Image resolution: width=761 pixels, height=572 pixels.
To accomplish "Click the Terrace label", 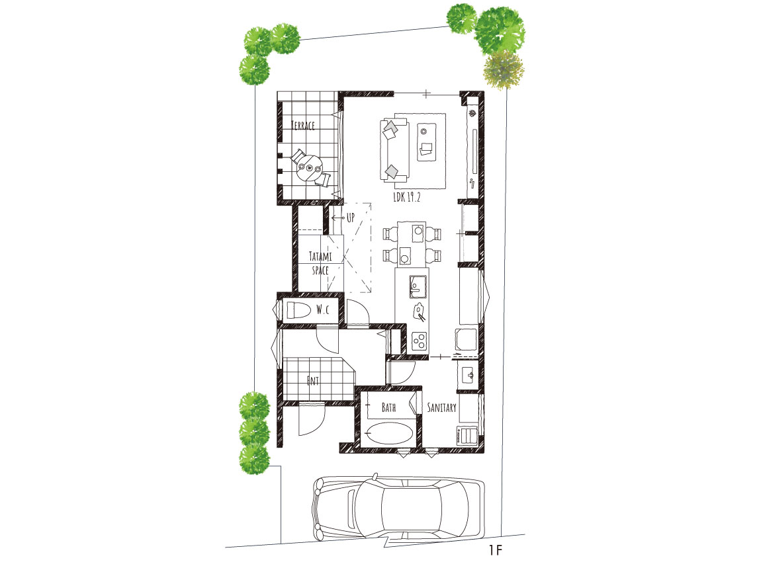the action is pyautogui.click(x=303, y=125).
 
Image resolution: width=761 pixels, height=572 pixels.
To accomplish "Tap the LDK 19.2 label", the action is pyautogui.click(x=407, y=197).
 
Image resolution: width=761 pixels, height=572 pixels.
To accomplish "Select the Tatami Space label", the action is pyautogui.click(x=320, y=263).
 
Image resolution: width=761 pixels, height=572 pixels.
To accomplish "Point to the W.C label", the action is pyautogui.click(x=323, y=309).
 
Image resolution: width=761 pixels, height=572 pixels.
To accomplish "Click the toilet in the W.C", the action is pyautogui.click(x=297, y=310).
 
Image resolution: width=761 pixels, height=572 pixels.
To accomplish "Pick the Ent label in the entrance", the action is pyautogui.click(x=313, y=381).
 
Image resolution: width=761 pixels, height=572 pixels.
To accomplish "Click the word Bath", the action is pyautogui.click(x=388, y=407).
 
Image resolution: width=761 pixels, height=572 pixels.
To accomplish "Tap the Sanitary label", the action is pyautogui.click(x=441, y=407).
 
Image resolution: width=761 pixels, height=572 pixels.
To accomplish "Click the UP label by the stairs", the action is pyautogui.click(x=351, y=218).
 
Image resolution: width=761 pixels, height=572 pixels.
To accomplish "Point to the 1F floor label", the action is pyautogui.click(x=496, y=550).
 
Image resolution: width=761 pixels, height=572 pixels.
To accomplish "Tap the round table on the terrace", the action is pyautogui.click(x=308, y=169).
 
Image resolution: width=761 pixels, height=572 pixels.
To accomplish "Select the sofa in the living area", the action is pyautogui.click(x=394, y=150).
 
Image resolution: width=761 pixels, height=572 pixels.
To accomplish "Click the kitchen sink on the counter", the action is pyautogui.click(x=418, y=287).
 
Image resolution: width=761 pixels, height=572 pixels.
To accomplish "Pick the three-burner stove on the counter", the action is pyautogui.click(x=419, y=341).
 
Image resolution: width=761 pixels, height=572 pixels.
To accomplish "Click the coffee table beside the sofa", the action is pyautogui.click(x=427, y=142).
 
